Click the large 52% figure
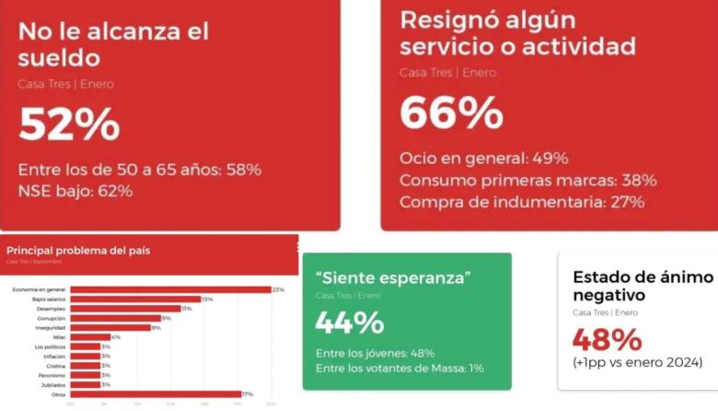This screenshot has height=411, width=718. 69,124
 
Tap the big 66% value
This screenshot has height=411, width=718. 451,112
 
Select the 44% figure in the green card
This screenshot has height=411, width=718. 349,323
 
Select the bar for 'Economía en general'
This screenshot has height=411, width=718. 170,289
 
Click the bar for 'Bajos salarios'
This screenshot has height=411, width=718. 135,299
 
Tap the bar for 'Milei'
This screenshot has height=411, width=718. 89,337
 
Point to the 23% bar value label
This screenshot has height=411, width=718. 278,289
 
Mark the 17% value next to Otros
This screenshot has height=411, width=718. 247,394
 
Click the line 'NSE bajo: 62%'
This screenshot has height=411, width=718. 75,191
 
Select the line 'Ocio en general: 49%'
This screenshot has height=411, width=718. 483,158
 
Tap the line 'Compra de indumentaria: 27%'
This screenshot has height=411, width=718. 522,202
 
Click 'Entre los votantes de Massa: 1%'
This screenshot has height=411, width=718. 400,369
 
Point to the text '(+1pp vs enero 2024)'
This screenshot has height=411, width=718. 637,362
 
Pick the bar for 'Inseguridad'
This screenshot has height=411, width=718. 110,327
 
